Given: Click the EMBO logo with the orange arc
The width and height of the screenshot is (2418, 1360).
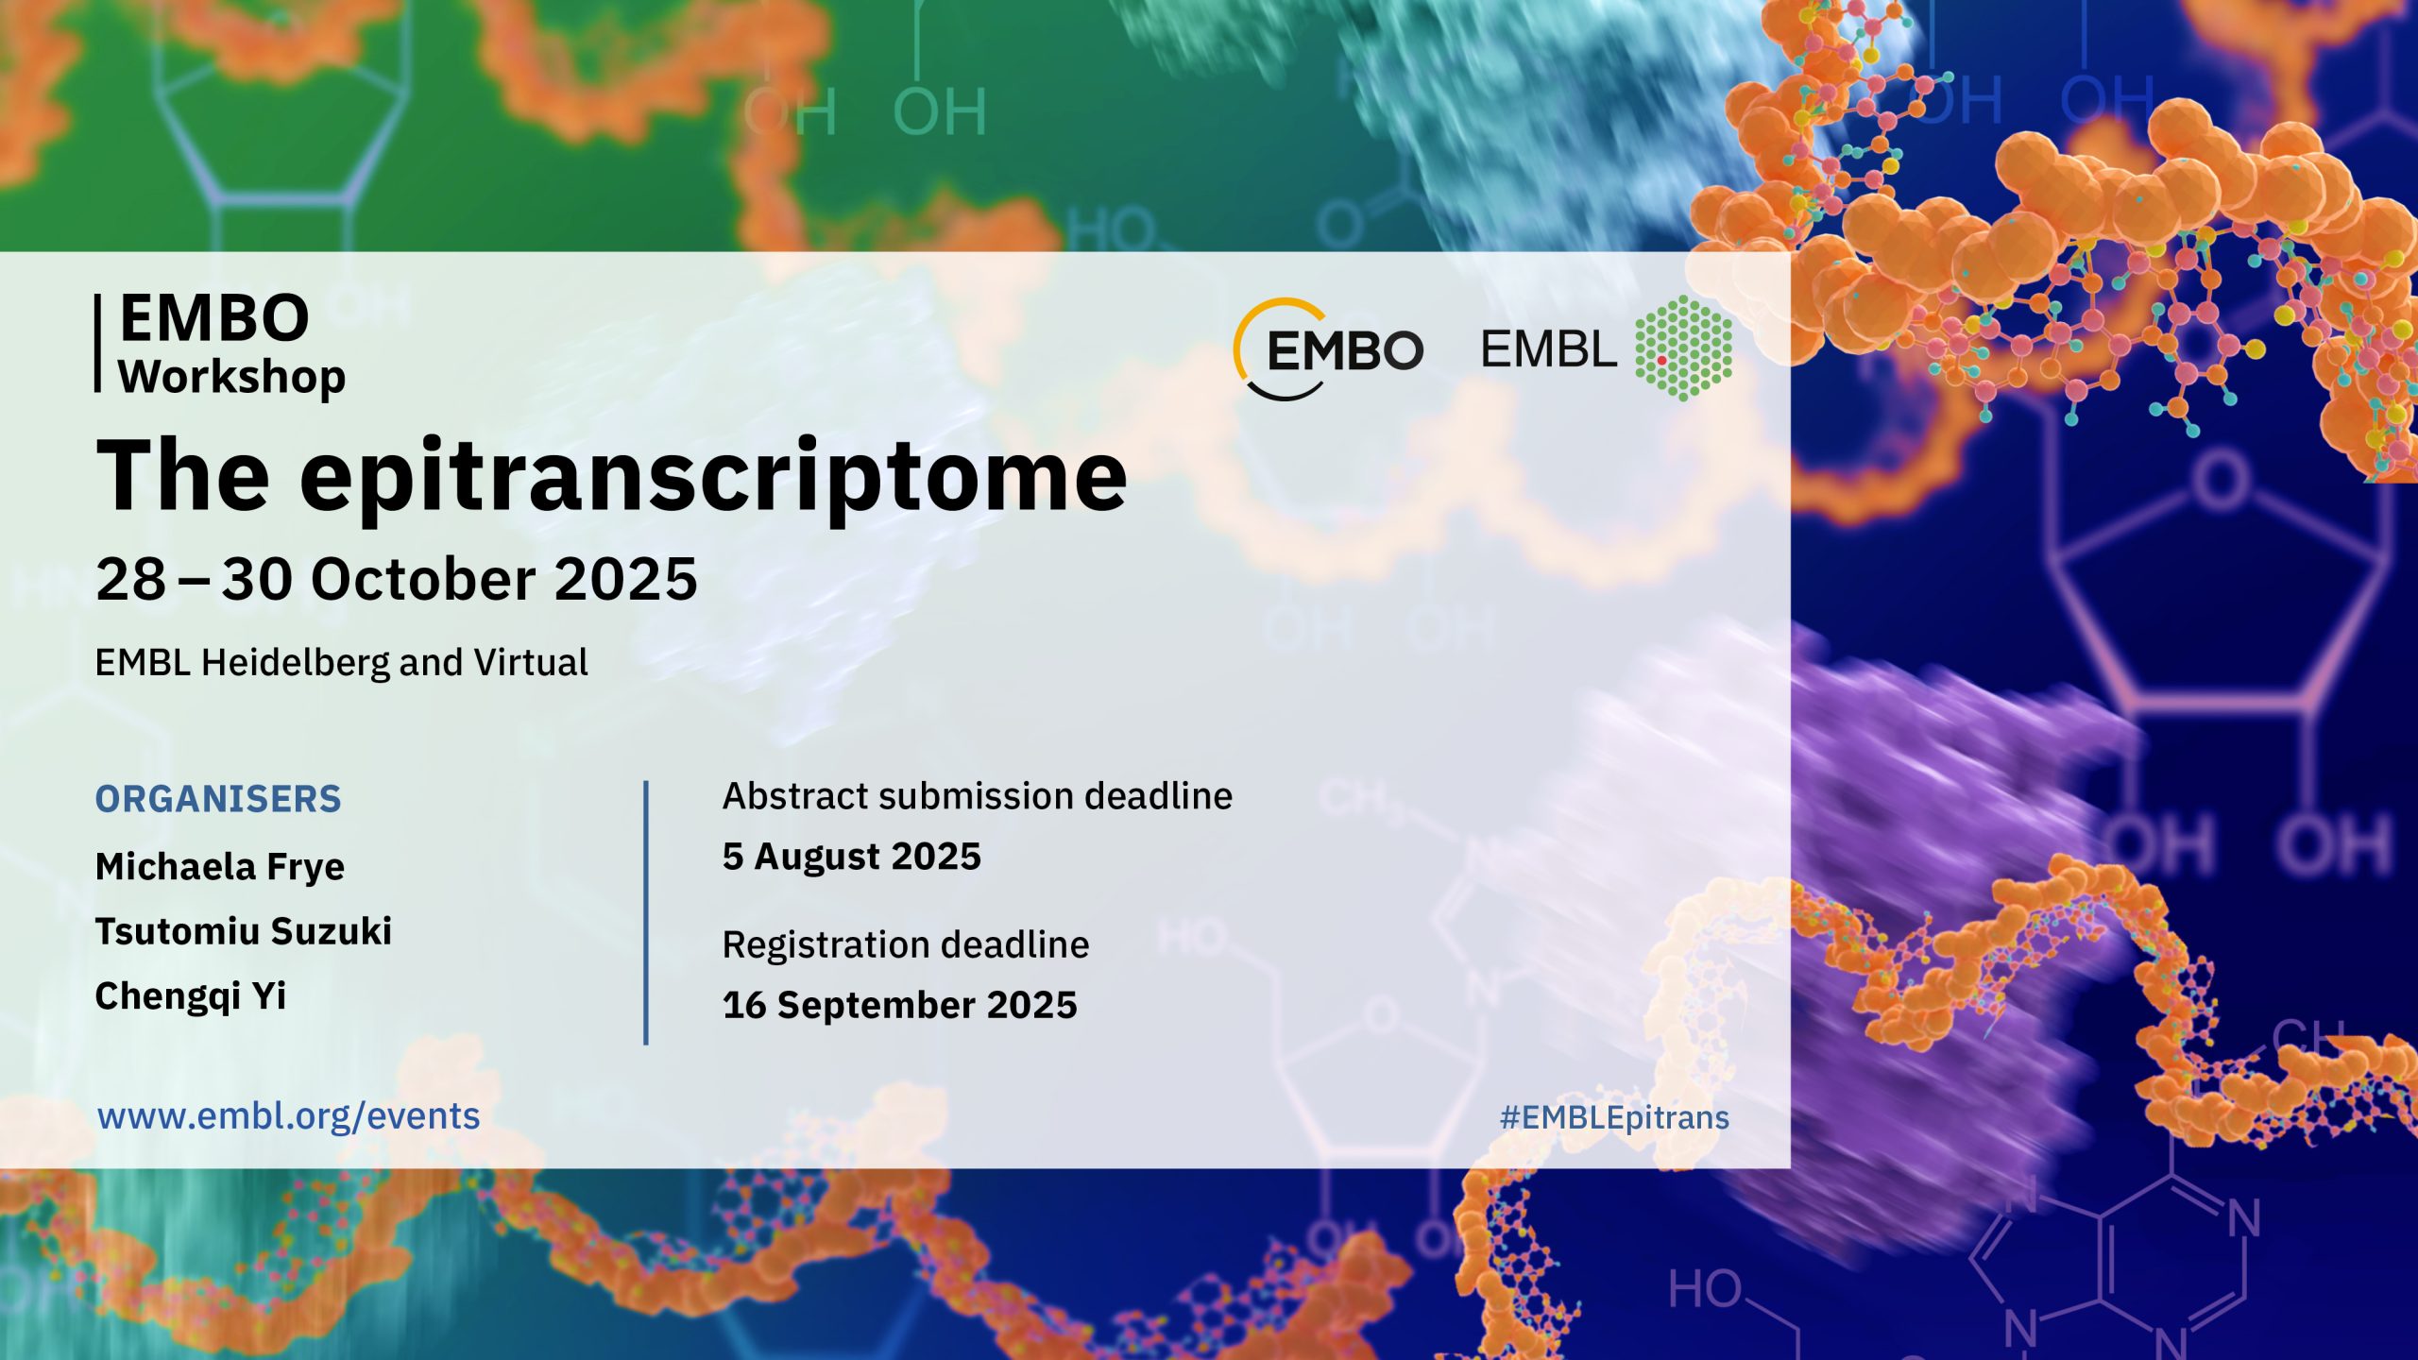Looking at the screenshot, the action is [1328, 349].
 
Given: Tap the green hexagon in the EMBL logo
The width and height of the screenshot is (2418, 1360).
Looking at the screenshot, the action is [1683, 348].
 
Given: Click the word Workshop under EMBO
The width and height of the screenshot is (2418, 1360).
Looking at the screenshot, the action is [231, 377].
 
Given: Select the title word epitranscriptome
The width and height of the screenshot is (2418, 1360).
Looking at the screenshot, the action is [713, 478].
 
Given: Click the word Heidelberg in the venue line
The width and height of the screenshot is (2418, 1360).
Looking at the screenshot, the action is [295, 663].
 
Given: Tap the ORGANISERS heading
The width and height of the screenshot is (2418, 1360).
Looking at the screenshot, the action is [218, 799].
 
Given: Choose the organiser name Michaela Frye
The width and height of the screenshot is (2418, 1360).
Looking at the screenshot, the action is [220, 867].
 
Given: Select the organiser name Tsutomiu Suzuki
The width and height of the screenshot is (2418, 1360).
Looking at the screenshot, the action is [244, 931].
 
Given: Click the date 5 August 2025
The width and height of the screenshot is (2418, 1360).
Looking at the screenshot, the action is [852, 857].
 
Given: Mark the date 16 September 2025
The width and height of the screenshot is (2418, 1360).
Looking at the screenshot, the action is [900, 1005].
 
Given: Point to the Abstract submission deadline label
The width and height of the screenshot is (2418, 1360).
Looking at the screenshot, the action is [978, 796].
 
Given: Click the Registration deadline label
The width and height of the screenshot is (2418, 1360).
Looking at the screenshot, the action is [906, 945].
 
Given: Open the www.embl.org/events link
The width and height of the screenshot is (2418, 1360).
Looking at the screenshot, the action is [289, 1116].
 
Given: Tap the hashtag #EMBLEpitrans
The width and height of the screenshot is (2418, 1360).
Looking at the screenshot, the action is [1614, 1118].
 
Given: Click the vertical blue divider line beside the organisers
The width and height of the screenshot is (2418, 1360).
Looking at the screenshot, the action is [646, 912].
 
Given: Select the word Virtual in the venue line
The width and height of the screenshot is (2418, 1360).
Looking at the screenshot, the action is [531, 663].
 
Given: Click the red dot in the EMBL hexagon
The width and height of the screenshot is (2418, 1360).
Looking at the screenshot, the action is [1661, 360].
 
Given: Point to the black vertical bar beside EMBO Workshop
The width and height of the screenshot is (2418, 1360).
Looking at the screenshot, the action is [97, 343].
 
